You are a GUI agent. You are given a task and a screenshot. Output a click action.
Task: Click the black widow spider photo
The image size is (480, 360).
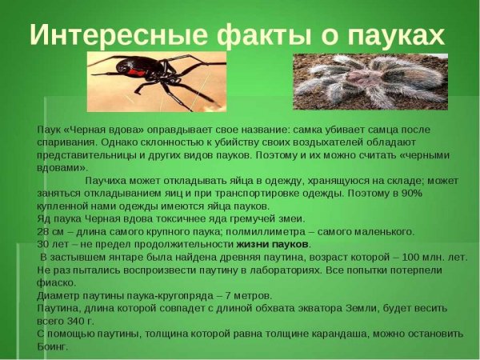(x=157, y=82)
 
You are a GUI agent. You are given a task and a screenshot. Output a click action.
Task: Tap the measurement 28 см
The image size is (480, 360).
(x=51, y=231)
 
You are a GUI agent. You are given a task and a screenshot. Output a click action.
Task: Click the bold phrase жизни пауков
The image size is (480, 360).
(x=272, y=244)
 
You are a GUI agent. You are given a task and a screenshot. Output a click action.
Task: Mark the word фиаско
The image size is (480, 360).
(x=55, y=282)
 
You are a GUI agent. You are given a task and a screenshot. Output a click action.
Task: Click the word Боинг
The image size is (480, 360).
(x=53, y=346)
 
